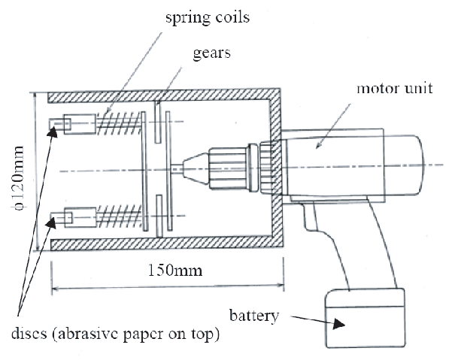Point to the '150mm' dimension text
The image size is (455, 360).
pos(166,268)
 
